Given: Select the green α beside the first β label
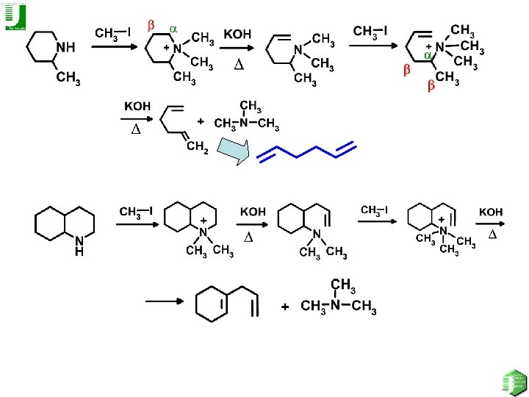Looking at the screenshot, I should click(174, 28).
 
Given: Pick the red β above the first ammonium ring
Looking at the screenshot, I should click(151, 26).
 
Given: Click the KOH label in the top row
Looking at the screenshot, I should click(237, 35).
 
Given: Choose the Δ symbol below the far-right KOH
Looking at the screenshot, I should click(493, 234).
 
